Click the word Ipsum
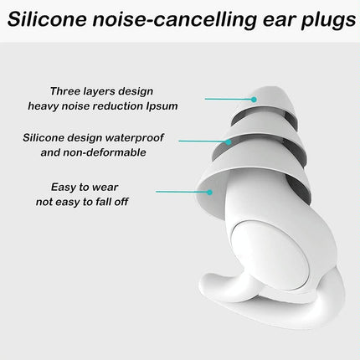(160, 105)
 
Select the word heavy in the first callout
(45, 105)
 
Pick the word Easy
(64, 187)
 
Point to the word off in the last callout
(118, 201)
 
